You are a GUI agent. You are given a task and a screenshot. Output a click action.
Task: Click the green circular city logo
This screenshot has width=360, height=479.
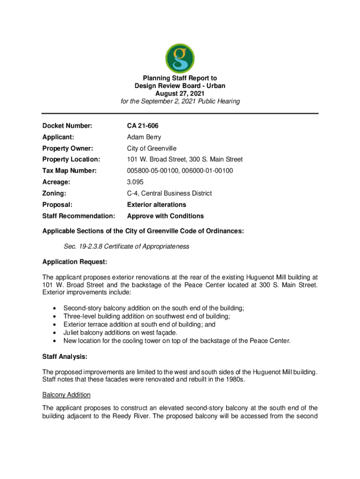[x=180, y=58]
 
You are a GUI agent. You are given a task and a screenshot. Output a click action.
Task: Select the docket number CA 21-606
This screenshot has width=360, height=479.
[x=145, y=126]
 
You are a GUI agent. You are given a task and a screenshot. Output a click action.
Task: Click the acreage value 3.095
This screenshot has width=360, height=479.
[x=137, y=182]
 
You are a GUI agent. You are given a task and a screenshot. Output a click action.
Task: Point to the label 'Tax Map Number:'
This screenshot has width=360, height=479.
[x=69, y=171]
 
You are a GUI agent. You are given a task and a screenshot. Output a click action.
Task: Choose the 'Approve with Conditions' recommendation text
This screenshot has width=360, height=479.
[x=166, y=216]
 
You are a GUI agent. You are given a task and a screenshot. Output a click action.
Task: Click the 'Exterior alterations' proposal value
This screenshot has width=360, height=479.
[x=157, y=204]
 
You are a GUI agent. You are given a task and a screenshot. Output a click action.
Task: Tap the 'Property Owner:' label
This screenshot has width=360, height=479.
[x=68, y=149]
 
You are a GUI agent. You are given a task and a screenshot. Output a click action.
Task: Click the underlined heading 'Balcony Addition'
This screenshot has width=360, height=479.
[x=66, y=395]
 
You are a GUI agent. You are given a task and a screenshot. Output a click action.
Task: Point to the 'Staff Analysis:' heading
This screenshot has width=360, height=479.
[x=65, y=357]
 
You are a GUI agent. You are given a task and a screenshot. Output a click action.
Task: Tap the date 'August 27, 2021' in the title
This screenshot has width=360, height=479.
[x=180, y=94]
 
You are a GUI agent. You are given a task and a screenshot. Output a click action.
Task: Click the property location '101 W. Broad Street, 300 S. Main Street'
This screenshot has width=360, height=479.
[x=185, y=160]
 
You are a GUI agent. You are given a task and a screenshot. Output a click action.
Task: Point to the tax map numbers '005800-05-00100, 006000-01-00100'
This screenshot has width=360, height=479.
[x=180, y=171]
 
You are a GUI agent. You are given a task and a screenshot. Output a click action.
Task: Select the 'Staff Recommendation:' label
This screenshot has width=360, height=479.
[x=79, y=216]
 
